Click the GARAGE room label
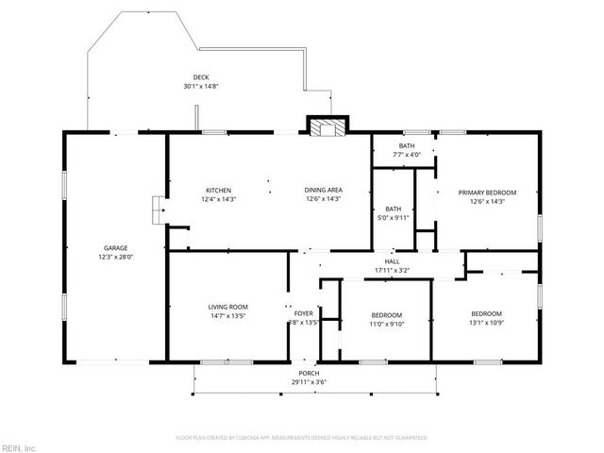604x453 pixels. pos(115,247)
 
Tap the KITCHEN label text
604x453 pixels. pos(218,191)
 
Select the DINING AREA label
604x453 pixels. pos(322,191)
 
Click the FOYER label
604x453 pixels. pos(303,313)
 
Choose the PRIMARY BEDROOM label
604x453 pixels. pos(487,193)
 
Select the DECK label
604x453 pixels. pos(201,77)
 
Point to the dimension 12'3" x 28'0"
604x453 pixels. pos(115,257)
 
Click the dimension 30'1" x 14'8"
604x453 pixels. pos(201,86)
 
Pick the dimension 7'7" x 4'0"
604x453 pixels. pos(406,154)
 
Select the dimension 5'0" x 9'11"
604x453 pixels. pos(394,218)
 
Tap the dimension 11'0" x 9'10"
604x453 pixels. pos(386,324)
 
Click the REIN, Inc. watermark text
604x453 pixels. pos(18,446)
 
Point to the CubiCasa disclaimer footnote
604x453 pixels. pos(302,438)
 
